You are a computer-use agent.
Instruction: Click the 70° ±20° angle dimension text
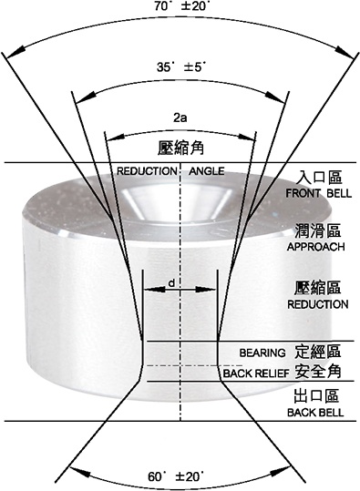pos(181,6)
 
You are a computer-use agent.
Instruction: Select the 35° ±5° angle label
pos(181,66)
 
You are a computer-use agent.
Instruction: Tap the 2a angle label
pos(180,118)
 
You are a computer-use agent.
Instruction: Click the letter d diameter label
pos(171,283)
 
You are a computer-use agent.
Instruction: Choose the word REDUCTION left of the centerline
pos(147,171)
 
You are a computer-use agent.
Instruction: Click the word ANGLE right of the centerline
pos(207,171)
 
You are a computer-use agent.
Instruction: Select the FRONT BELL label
pos(319,193)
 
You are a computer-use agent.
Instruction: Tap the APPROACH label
pos(316,247)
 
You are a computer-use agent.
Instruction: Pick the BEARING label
pos(262,353)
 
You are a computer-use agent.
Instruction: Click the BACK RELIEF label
pos(256,373)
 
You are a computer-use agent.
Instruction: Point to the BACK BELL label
pos(315,413)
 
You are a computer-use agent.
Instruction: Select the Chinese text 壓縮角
pos(180,148)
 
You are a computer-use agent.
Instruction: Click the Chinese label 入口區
pos(319,178)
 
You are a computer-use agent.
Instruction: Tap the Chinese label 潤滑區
pos(318,230)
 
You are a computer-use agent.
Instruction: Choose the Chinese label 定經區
pos(317,352)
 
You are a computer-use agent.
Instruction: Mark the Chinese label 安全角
pos(318,372)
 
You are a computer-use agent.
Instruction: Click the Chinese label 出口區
pos(316,395)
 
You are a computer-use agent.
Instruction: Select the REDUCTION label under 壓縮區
pos(318,304)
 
